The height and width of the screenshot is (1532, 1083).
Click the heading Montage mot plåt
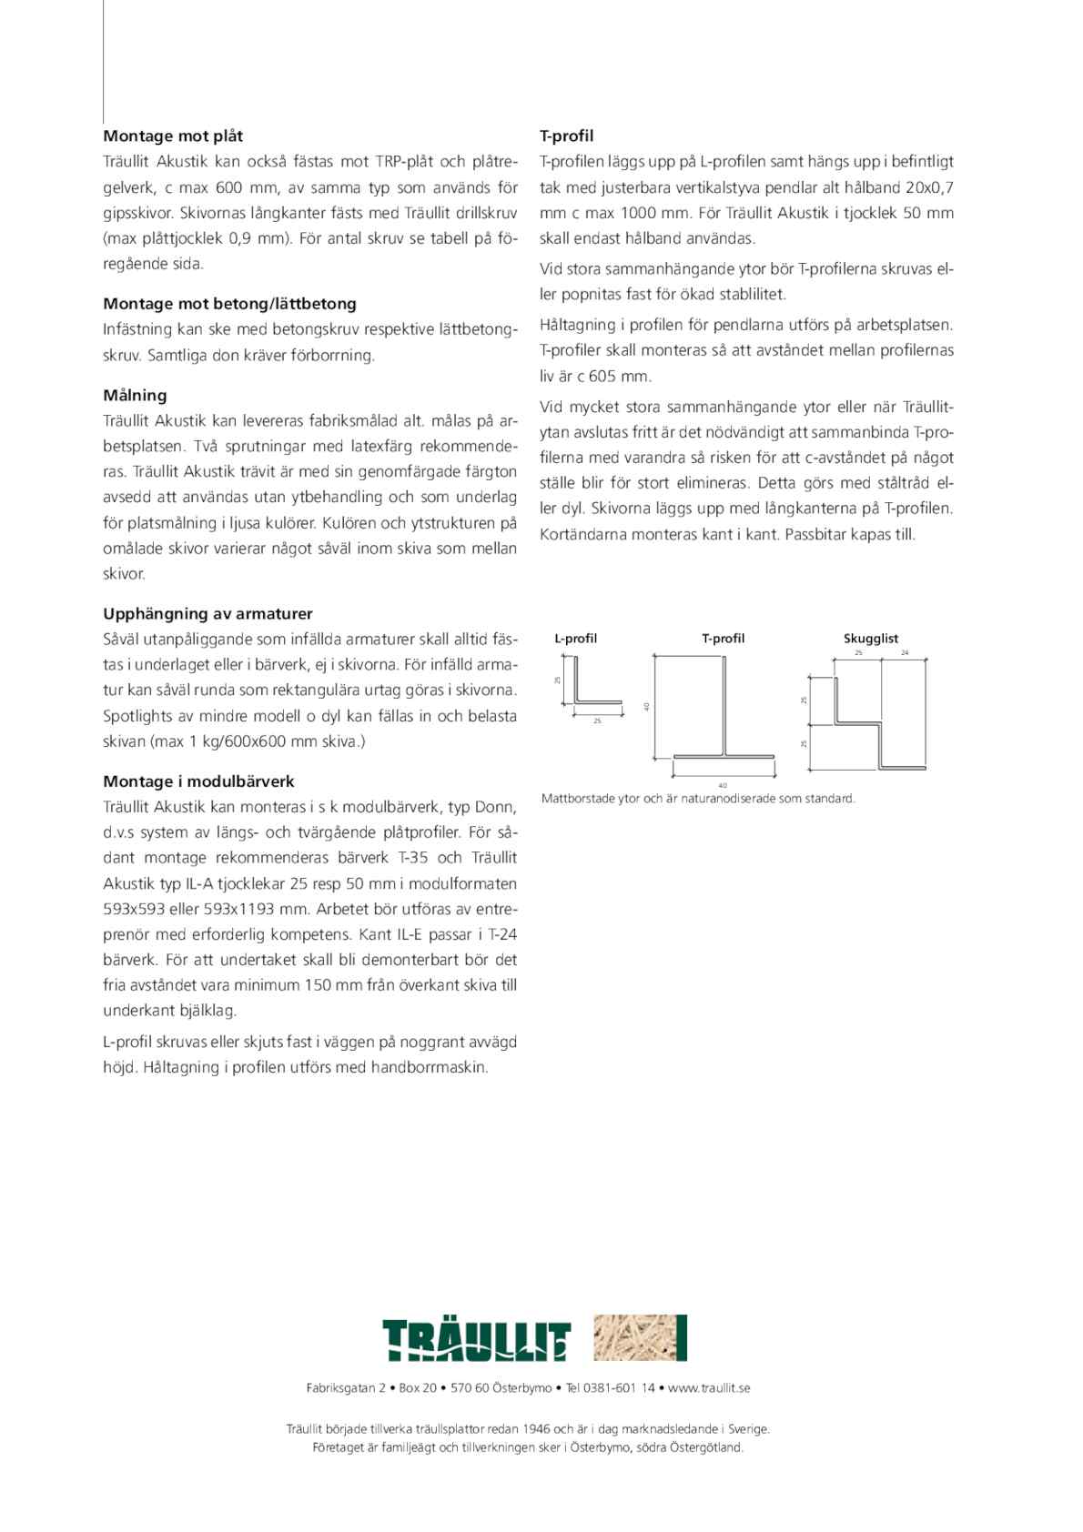[173, 136]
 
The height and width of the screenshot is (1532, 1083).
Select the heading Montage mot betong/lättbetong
[229, 304]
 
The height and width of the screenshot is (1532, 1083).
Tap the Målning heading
[135, 396]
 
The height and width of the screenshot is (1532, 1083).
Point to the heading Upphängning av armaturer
[207, 614]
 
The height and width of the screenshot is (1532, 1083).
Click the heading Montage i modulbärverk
[198, 781]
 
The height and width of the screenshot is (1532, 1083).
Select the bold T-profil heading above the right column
[566, 136]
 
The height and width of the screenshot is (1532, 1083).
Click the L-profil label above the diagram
[575, 639]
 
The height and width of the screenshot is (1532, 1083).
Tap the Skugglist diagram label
[870, 639]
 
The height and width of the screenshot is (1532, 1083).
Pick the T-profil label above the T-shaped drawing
[723, 639]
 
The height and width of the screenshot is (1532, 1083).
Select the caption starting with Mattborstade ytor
[698, 799]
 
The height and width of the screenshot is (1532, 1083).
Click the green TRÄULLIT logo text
[476, 1340]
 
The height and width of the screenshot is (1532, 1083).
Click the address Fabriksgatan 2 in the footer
[346, 1388]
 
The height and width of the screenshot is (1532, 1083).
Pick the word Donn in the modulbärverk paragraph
[498, 807]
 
